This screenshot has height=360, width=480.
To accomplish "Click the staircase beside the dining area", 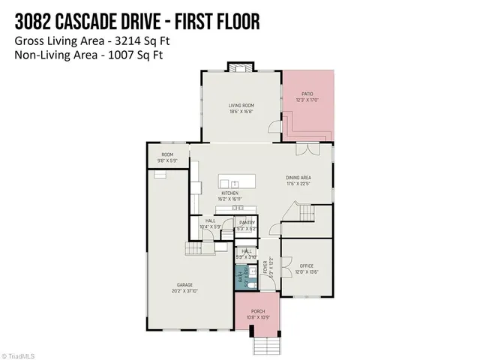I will (x=306, y=213).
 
